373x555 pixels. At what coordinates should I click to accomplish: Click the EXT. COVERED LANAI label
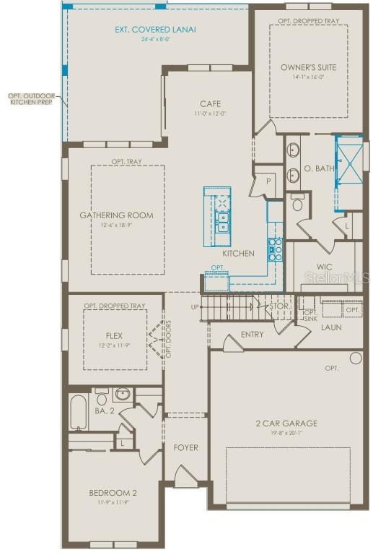[x=156, y=30]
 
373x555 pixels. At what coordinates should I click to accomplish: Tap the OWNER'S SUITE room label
[x=308, y=68]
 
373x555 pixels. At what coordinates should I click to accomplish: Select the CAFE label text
[x=211, y=103]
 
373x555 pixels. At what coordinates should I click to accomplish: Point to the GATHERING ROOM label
[x=116, y=215]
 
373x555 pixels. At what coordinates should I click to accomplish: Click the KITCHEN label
[x=237, y=254]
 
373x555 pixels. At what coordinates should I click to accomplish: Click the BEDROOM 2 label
[x=113, y=493]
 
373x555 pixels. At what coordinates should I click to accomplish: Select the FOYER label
[x=185, y=448]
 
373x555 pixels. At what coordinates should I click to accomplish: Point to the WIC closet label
[x=324, y=267]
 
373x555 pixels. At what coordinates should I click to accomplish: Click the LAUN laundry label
[x=332, y=327]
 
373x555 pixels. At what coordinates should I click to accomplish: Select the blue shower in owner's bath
[x=347, y=165]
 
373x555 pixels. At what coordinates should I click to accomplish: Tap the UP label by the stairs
[x=195, y=306]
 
